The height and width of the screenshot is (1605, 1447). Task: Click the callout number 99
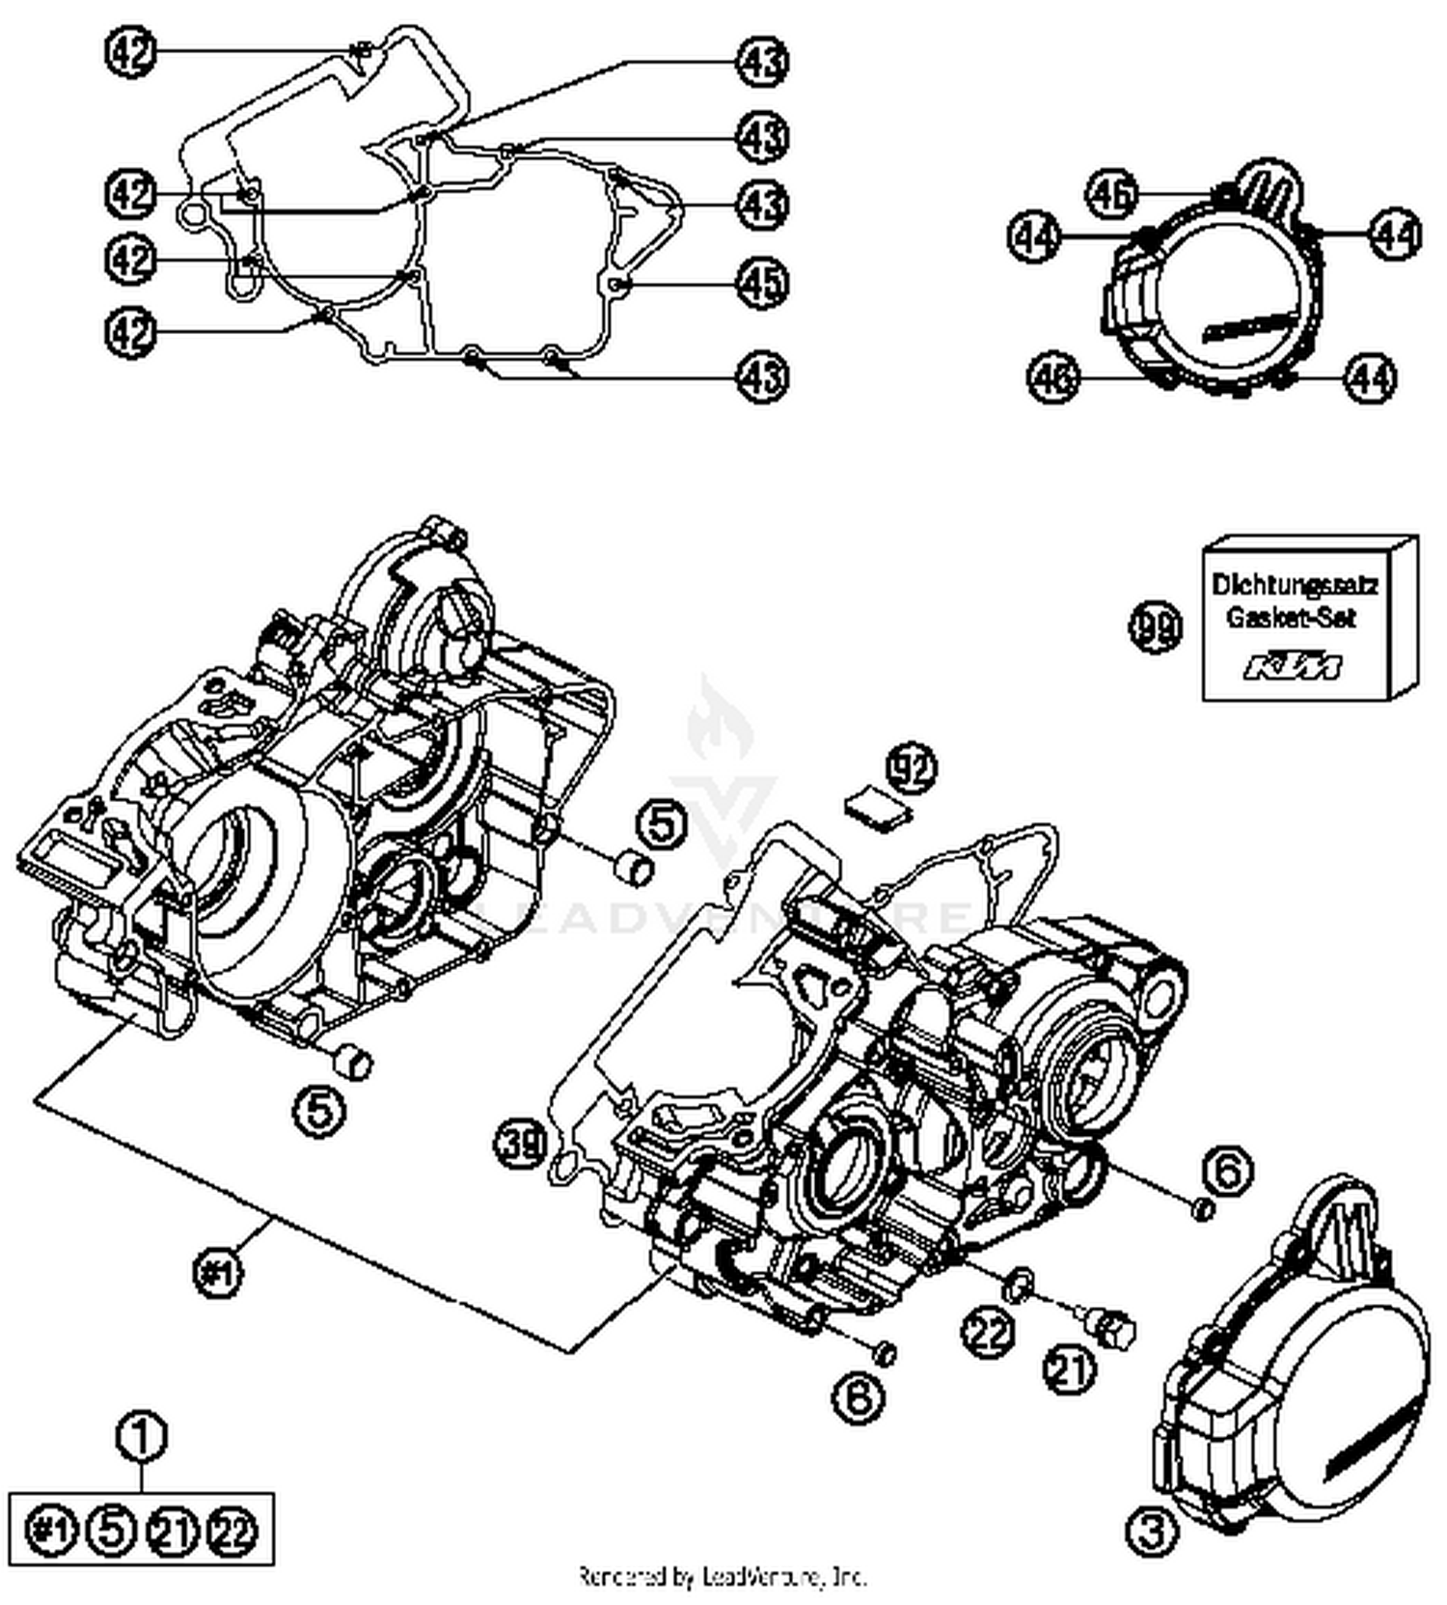1155,628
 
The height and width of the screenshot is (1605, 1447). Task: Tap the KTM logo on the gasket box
1293,667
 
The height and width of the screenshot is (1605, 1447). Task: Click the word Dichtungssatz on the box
1295,584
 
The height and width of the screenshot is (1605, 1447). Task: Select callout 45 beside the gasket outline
762,283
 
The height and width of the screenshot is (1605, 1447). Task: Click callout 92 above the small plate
912,769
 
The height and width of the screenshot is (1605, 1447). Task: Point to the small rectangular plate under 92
877,807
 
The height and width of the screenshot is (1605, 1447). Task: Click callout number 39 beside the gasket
521,1145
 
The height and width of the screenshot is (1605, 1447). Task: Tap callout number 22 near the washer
989,1332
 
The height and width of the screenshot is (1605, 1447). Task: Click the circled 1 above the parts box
142,1435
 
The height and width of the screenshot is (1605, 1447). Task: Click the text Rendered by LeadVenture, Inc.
723,1577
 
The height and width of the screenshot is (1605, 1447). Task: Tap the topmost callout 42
130,52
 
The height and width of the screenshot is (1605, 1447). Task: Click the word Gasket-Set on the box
1291,618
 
